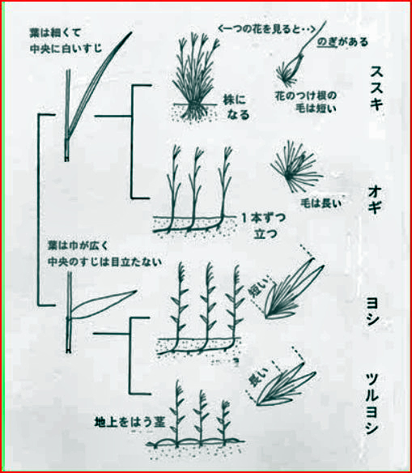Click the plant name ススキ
coord(376,87)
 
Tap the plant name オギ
coord(375,201)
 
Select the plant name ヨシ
coord(373,311)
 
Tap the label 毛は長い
coord(321,203)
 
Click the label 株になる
coord(236,107)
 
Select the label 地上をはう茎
coord(130,422)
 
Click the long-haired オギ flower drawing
coord(296,166)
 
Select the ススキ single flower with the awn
coord(301,54)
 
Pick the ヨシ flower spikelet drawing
coord(294,289)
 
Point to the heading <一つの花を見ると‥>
coord(266,29)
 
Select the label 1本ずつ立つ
coord(263,226)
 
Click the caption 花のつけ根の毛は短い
coord(306,102)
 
